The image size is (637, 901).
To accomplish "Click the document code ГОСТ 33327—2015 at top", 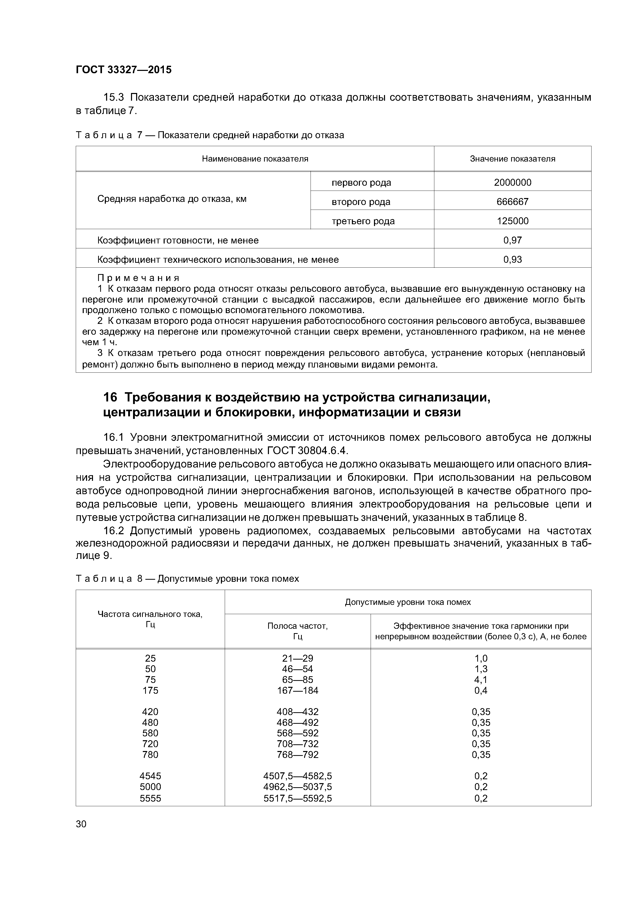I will click(x=123, y=70).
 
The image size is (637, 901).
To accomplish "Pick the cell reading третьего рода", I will click(x=363, y=221).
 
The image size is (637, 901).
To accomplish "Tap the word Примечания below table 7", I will click(x=138, y=278).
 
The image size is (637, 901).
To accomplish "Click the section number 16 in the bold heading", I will click(x=110, y=398).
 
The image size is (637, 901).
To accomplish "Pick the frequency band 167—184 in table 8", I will click(x=297, y=690).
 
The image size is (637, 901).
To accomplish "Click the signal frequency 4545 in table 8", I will click(x=150, y=776).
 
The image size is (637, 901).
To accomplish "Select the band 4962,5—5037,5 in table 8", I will click(x=297, y=787).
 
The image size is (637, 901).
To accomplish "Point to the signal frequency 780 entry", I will click(x=150, y=755).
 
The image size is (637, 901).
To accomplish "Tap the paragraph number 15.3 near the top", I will click(x=114, y=97).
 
